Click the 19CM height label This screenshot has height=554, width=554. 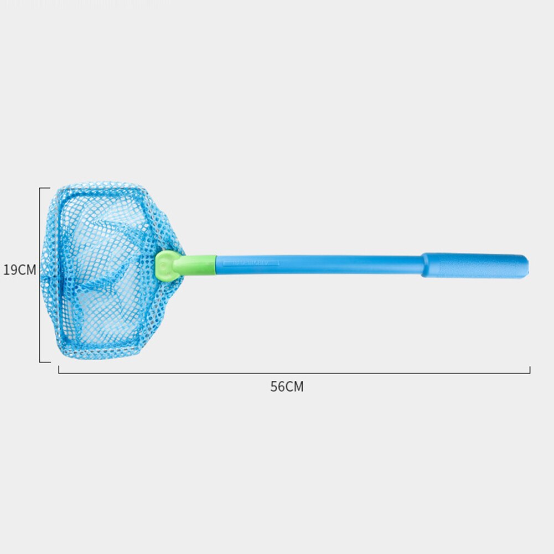pyautogui.click(x=20, y=270)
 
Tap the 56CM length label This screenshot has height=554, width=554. pyautogui.click(x=287, y=386)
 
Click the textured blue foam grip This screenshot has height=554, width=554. pyautogui.click(x=475, y=265)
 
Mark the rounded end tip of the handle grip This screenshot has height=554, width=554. pyautogui.click(x=526, y=266)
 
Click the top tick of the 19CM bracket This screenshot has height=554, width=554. pyautogui.click(x=44, y=188)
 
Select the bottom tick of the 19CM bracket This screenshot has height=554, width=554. pyautogui.click(x=44, y=362)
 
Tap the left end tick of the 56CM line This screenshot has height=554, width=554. pyautogui.click(x=59, y=370)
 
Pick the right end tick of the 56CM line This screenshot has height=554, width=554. pyautogui.click(x=530, y=370)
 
